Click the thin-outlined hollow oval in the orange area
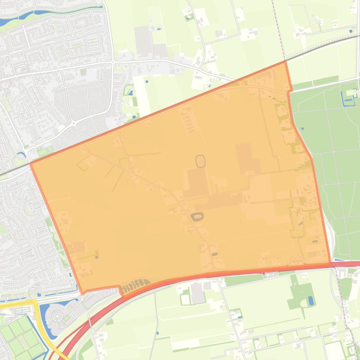(200, 161)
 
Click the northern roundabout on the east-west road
(113, 62)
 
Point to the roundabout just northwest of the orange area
(73, 123)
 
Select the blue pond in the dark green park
(310, 301)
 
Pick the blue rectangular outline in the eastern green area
(348, 98)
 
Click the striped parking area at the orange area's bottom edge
(136, 285)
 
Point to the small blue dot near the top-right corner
(351, 31)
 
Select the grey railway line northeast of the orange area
(323, 47)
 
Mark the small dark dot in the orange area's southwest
(97, 257)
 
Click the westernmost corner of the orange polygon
(31, 163)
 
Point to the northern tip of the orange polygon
(285, 62)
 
